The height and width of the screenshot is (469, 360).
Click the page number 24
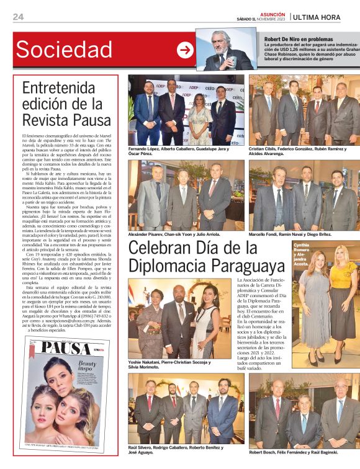[18, 16]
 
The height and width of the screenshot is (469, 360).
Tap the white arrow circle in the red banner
[185, 50]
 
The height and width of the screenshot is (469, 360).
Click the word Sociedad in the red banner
[64, 50]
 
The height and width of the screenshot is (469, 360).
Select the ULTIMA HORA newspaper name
[325, 17]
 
